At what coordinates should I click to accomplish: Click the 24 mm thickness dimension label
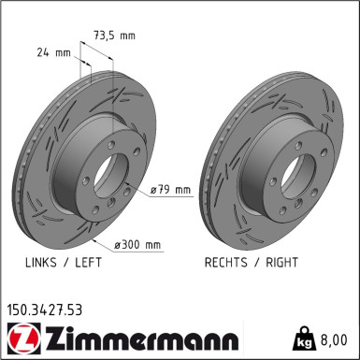(x=43, y=52)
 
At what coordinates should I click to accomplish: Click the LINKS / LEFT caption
(x=64, y=263)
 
